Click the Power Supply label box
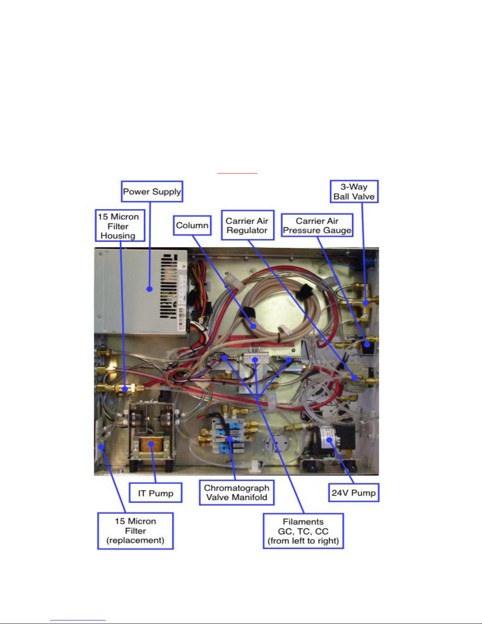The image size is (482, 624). [152, 192]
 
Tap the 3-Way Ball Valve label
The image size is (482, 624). [354, 192]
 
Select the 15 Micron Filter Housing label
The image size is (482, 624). [120, 226]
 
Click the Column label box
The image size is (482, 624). [192, 226]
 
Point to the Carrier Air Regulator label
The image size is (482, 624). [247, 226]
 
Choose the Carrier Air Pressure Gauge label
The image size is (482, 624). [317, 226]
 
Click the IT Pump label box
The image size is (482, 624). [155, 493]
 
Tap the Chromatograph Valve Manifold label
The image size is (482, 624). [236, 493]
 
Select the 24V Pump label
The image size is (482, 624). [353, 493]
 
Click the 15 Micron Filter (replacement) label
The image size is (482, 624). [135, 531]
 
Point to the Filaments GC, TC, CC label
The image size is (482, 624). [303, 531]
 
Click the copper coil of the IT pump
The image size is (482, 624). [151, 445]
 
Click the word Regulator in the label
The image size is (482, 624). [247, 231]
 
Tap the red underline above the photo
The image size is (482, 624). [237, 173]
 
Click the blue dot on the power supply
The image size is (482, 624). [150, 289]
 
